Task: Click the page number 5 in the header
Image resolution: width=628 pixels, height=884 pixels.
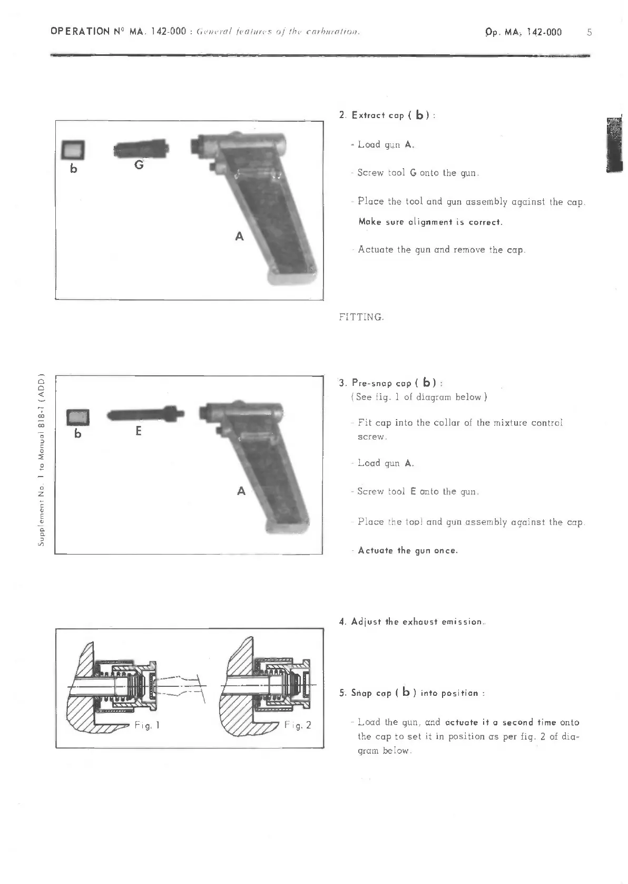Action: pyautogui.click(x=589, y=32)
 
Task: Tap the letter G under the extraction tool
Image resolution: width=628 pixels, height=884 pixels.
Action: pyautogui.click(x=139, y=165)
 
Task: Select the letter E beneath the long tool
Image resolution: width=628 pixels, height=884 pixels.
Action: pyautogui.click(x=139, y=431)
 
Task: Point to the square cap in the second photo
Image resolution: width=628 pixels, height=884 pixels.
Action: pyautogui.click(x=78, y=417)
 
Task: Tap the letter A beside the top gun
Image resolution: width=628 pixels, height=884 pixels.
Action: pyautogui.click(x=239, y=237)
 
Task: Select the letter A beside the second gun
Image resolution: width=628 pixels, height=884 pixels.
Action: pyautogui.click(x=241, y=491)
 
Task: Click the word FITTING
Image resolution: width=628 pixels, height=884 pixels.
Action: pyautogui.click(x=361, y=317)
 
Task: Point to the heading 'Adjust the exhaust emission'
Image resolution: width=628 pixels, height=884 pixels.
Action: pyautogui.click(x=412, y=622)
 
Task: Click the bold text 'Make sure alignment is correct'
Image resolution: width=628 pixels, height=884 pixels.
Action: pyautogui.click(x=430, y=222)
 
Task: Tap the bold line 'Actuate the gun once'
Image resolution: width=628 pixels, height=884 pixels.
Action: pyautogui.click(x=407, y=550)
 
